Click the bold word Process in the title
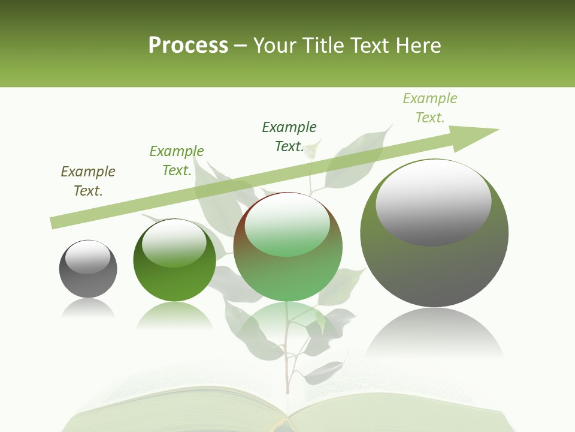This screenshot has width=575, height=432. [188, 46]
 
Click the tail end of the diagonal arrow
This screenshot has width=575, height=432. [53, 223]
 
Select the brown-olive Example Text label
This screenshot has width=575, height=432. [88, 181]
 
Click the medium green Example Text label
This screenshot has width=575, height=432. [176, 161]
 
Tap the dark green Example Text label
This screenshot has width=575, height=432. [289, 137]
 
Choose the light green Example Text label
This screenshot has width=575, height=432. [429, 108]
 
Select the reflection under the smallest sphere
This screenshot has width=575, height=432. [88, 308]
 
